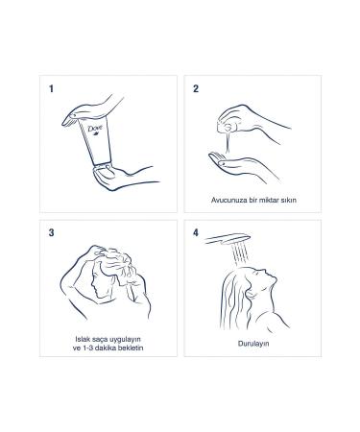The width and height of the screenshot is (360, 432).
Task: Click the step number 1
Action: click(x=51, y=88)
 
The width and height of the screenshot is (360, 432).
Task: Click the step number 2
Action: click(x=196, y=88)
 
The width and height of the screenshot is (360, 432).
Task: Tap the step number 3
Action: click(x=51, y=232)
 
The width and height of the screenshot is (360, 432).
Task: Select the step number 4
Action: click(x=196, y=232)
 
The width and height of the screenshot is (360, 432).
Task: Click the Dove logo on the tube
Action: click(x=95, y=130)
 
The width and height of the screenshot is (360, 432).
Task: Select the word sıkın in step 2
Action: click(x=288, y=200)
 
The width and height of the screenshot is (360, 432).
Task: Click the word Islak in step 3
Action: click(x=82, y=339)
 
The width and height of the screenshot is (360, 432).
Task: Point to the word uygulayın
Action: click(x=125, y=340)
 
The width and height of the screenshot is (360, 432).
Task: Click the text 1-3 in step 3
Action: click(x=88, y=348)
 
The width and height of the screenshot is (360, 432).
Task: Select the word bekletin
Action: click(x=131, y=348)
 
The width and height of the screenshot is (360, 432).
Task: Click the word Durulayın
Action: click(x=253, y=344)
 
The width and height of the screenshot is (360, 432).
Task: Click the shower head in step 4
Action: click(x=228, y=239)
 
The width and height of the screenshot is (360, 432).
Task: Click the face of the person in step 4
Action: click(x=266, y=277)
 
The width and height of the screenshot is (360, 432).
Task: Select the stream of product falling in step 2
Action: click(x=228, y=142)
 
